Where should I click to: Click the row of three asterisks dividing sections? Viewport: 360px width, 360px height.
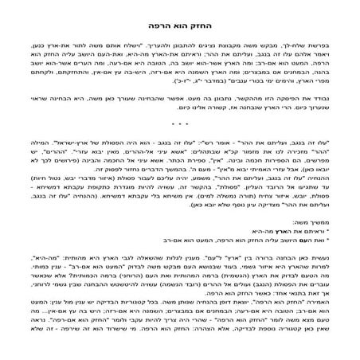180,124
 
